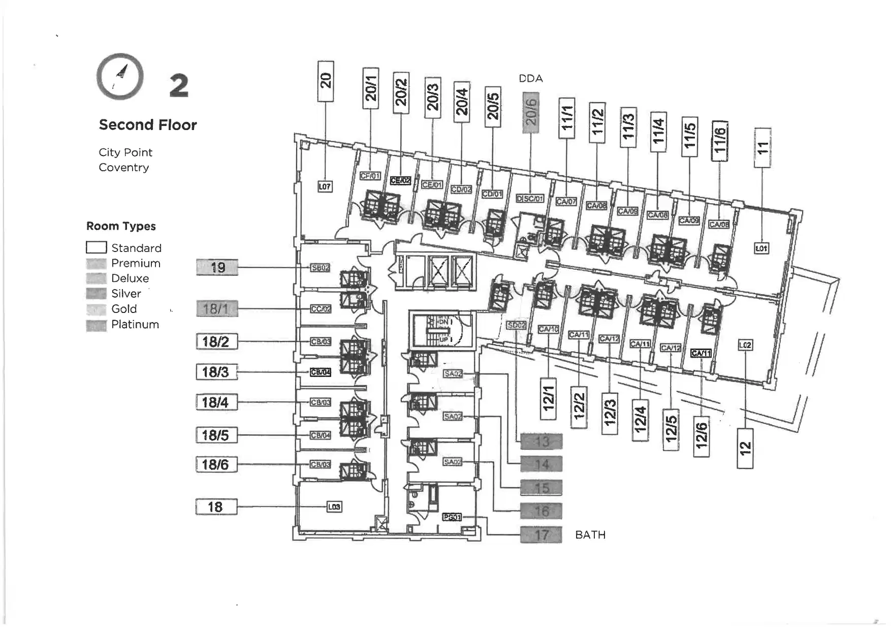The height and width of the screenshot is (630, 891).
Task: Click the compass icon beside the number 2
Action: [x=120, y=77]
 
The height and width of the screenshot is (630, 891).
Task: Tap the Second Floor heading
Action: [x=147, y=125]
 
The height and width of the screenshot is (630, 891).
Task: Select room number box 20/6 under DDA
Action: [x=530, y=112]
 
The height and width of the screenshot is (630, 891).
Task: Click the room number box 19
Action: [x=217, y=267]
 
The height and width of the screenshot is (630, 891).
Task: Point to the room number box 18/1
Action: [x=217, y=308]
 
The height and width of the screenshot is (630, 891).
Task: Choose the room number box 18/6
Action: [x=216, y=464]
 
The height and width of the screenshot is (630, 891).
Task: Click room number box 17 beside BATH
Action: [x=541, y=535]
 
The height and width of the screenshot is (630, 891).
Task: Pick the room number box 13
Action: [x=541, y=442]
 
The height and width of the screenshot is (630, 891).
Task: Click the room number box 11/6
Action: [x=720, y=141]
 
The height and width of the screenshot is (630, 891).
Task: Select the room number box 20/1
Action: [x=371, y=88]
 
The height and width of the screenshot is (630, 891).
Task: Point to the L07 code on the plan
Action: [x=325, y=186]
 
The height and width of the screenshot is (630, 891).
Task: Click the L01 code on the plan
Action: [x=761, y=248]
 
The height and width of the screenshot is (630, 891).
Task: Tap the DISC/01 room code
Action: [x=530, y=198]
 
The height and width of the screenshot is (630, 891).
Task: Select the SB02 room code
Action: [x=320, y=268]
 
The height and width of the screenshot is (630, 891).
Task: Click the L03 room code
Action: [x=334, y=507]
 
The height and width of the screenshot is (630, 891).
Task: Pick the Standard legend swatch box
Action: [x=96, y=247]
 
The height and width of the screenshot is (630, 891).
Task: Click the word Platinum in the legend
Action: [x=135, y=324]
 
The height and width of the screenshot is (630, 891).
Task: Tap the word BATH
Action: [x=590, y=535]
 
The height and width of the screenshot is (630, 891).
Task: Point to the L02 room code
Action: [x=745, y=345]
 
